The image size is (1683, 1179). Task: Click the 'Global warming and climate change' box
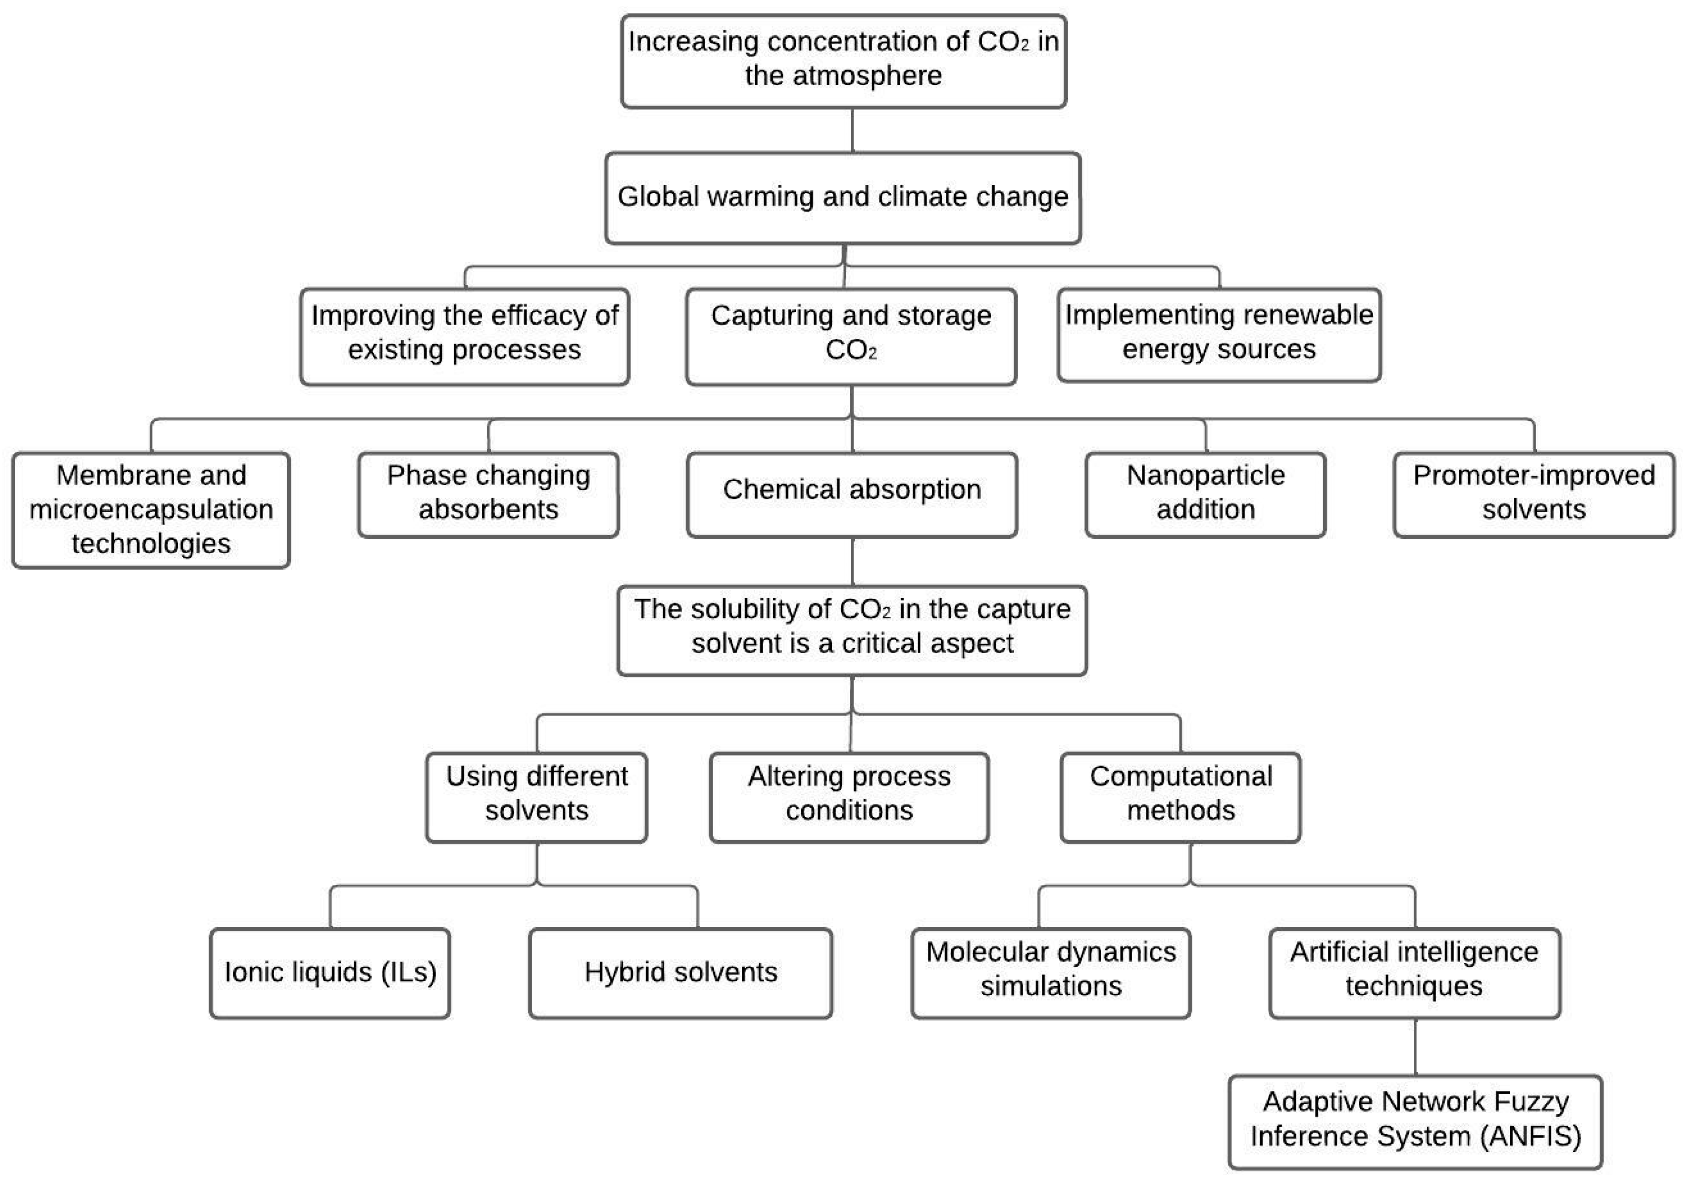(843, 198)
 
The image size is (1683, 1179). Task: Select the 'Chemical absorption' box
(852, 495)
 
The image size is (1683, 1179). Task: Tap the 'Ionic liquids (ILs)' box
(330, 973)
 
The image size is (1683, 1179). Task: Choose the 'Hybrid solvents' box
(680, 973)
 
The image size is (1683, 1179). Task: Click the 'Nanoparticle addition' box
(1205, 495)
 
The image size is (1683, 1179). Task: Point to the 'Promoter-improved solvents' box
(1534, 495)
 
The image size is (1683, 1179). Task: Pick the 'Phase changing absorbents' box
(488, 495)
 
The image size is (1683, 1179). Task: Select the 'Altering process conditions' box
(849, 797)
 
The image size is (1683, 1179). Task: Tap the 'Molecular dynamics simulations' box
(1050, 973)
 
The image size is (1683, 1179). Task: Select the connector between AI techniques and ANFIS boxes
(1414, 1046)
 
